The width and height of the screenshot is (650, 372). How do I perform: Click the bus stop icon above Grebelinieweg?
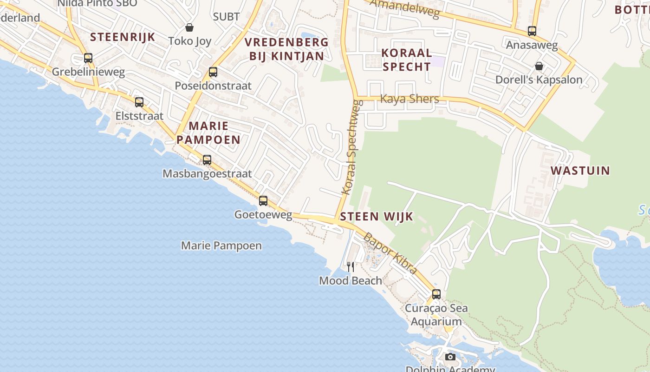[x=88, y=58]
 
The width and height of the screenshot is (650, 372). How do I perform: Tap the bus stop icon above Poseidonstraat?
[x=213, y=72]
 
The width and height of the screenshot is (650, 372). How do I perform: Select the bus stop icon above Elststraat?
[x=139, y=102]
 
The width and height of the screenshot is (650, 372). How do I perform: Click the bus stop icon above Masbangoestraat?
[x=207, y=160]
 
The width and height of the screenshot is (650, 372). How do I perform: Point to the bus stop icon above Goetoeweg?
[x=263, y=201]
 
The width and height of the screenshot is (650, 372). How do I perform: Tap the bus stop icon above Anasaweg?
[x=532, y=31]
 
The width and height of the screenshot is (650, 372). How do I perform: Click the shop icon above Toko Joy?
[x=189, y=27]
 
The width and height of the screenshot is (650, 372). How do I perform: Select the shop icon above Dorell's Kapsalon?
[x=539, y=66]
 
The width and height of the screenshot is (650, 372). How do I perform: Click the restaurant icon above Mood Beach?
[x=351, y=266]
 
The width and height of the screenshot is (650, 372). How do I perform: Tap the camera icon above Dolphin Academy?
[x=450, y=357]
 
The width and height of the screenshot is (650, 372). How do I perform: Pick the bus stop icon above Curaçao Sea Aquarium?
[x=436, y=294]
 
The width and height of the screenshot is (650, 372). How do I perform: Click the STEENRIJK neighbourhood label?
[x=123, y=37]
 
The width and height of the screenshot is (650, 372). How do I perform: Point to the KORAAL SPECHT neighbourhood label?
[x=406, y=60]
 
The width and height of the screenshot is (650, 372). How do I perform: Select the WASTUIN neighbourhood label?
[x=580, y=170]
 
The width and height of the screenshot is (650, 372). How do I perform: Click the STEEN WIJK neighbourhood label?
[x=377, y=217]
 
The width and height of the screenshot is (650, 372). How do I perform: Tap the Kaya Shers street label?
[x=409, y=99]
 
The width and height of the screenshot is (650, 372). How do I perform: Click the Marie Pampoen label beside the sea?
[x=221, y=246]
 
